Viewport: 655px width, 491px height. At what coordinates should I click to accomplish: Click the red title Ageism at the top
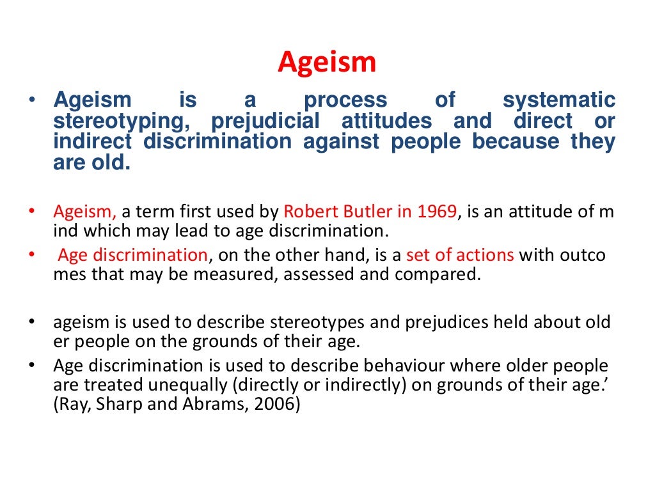point(327,63)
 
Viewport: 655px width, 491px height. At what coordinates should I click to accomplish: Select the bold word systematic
point(558,100)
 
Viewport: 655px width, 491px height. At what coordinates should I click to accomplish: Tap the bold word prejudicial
point(265,121)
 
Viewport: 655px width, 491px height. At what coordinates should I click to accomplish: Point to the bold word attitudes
point(386,121)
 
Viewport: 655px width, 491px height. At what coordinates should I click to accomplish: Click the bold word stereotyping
point(125,121)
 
